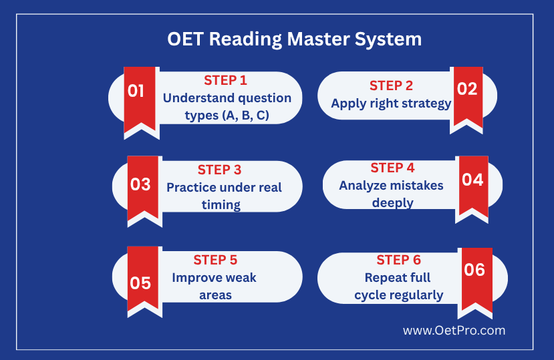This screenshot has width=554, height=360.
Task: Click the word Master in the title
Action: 318,39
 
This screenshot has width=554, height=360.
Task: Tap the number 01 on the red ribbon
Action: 136,91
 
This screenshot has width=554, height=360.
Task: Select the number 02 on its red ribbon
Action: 467,89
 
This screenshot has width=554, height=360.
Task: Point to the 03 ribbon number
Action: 140,184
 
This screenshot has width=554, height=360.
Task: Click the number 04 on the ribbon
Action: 472,180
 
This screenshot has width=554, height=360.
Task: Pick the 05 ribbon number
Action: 140,283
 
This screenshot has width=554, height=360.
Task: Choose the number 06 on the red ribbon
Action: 474,270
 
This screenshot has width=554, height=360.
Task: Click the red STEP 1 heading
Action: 225,81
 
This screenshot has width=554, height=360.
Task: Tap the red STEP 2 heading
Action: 391,85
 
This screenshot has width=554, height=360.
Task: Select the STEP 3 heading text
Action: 219,170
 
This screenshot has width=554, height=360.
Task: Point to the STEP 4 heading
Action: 392,168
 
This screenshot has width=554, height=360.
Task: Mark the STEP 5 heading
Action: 215,260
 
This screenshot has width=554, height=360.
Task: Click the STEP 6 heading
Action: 398,260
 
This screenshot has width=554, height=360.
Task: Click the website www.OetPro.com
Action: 454,331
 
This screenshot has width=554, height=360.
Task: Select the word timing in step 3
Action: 221,205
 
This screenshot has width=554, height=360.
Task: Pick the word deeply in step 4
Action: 392,203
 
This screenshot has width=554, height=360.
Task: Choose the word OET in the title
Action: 185,39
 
